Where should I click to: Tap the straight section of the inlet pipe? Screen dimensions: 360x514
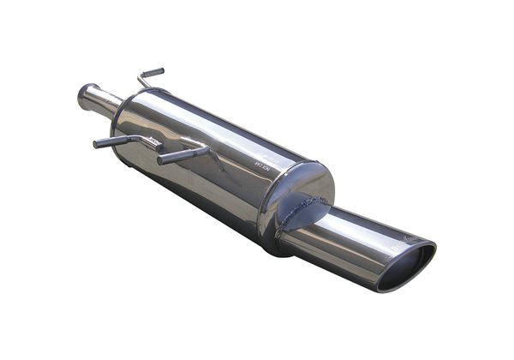click(101, 102)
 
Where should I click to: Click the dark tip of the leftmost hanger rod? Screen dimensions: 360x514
click(99, 143)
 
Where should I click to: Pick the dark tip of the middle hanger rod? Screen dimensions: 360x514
click(163, 159)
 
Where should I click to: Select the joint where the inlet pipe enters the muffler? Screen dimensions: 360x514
click(116, 110)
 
